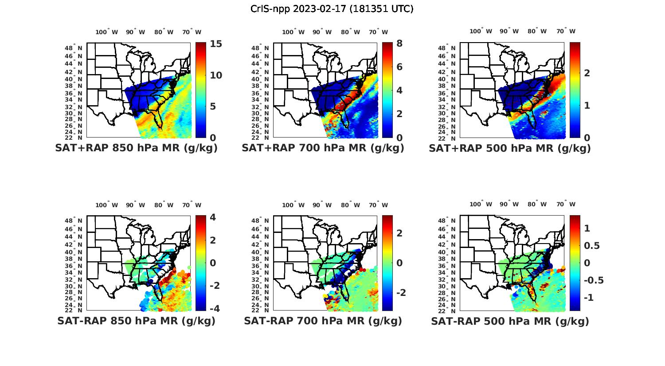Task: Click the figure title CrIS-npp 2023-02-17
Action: (x=332, y=9)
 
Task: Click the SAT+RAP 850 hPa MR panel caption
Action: (x=136, y=148)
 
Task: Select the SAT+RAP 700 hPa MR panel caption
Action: (x=323, y=148)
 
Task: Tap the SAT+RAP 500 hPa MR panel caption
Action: (x=510, y=148)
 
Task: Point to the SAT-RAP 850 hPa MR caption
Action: (x=136, y=321)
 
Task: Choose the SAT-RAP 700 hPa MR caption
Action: (x=323, y=321)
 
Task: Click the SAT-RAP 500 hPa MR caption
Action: (x=510, y=321)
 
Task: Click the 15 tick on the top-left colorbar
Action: (x=216, y=44)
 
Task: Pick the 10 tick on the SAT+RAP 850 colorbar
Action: (x=216, y=75)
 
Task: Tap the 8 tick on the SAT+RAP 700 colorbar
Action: (x=399, y=43)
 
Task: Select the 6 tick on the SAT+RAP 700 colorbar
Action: (x=399, y=67)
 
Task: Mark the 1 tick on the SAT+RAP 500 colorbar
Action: (x=587, y=105)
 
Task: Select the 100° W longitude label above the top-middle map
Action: (x=293, y=32)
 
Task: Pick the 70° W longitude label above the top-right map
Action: (x=566, y=31)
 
